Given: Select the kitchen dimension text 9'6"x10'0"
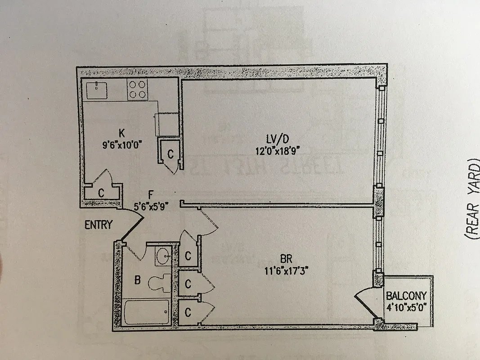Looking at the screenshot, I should [121, 145].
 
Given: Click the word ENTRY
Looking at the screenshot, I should [99, 225].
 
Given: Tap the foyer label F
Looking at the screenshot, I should [151, 195].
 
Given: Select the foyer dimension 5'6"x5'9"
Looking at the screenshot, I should [151, 207].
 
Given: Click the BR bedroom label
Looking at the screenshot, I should [287, 259].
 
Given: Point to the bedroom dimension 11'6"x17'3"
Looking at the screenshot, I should [286, 271].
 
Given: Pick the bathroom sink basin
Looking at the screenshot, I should [162, 257].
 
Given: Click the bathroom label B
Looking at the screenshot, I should [137, 280].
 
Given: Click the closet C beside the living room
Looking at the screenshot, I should [170, 154].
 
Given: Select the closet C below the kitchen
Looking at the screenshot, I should [101, 193].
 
